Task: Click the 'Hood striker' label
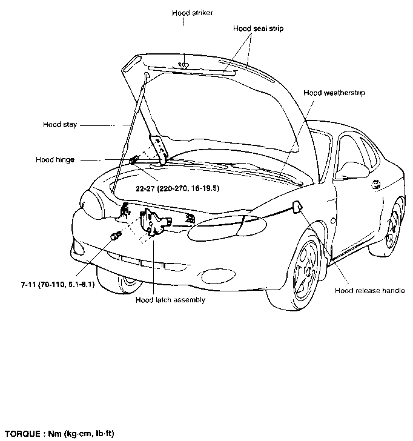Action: (x=193, y=13)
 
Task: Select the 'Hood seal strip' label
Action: (x=259, y=28)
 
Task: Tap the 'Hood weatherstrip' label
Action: (x=334, y=93)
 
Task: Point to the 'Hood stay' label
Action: (x=60, y=125)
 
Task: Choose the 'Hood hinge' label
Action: (x=55, y=160)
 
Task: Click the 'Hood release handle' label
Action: (x=370, y=291)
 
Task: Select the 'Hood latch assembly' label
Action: (x=170, y=300)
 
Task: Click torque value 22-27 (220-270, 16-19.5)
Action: (x=177, y=188)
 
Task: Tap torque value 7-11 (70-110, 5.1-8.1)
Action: (x=58, y=285)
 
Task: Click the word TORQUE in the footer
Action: (x=23, y=433)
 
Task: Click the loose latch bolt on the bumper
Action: (x=116, y=235)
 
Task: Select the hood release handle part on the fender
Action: (x=297, y=207)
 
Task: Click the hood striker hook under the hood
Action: (x=183, y=66)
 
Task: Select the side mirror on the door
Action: (x=353, y=170)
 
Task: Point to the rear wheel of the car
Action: (x=394, y=227)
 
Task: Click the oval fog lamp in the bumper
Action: (x=219, y=276)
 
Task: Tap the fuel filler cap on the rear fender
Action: (x=375, y=185)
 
